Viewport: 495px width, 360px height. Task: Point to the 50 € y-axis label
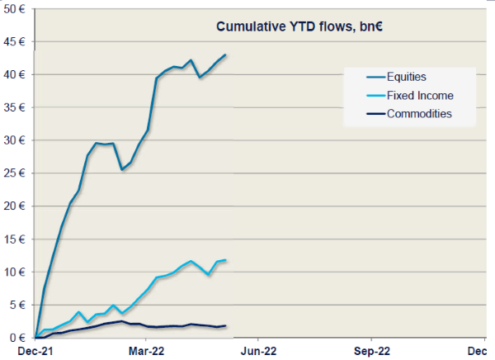click(x=16, y=9)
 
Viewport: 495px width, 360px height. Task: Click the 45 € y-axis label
click(x=16, y=42)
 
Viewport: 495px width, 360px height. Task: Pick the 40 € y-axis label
click(x=16, y=75)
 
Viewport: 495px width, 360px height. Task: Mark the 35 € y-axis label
click(x=16, y=108)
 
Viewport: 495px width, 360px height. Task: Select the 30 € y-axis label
click(x=16, y=141)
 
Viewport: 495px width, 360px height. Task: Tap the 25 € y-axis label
click(x=16, y=174)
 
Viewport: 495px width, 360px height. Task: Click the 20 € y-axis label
click(x=16, y=207)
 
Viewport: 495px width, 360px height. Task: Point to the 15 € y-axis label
click(x=16, y=240)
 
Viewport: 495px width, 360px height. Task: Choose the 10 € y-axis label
click(x=16, y=273)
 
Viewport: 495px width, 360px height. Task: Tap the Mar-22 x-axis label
click(x=146, y=350)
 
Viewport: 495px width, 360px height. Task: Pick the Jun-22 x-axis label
click(x=258, y=350)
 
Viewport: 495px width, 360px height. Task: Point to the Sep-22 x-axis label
click(x=371, y=350)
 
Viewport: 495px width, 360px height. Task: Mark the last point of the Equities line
click(x=226, y=54)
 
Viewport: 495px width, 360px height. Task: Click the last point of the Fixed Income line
click(x=226, y=260)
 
